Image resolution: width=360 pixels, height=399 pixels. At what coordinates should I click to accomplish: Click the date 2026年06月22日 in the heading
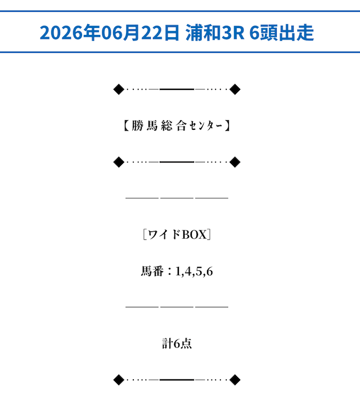point(110,33)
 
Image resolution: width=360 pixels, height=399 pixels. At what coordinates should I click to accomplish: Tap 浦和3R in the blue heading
point(215,33)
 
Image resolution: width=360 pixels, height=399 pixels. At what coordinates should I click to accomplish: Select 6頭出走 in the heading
point(281,33)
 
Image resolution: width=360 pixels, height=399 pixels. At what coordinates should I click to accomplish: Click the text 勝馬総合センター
point(177,126)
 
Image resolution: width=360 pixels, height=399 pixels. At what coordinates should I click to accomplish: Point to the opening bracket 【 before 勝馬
point(127,126)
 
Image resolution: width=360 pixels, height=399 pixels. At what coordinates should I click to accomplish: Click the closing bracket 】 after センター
point(227,126)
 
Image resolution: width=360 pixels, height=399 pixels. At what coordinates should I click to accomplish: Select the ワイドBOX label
point(177,234)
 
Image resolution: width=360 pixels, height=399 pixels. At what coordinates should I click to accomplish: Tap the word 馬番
point(152,271)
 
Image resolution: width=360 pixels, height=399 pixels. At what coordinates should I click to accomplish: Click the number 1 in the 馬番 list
point(178,271)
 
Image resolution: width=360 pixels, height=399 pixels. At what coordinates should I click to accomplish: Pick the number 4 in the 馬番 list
point(188,271)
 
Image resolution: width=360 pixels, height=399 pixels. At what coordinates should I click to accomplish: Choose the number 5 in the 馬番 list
point(199,271)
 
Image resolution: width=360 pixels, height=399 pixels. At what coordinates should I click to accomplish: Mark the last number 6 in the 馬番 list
point(209,271)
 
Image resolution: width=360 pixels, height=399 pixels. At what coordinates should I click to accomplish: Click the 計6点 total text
point(177,343)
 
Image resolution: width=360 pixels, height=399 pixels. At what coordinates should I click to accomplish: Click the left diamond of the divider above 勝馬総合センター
point(119,89)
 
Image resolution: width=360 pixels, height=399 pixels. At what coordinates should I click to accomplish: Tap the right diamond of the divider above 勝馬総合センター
point(235,89)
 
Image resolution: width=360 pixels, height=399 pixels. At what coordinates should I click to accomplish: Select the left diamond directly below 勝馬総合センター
point(119,162)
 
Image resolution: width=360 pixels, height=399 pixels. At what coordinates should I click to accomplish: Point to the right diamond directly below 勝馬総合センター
point(235,162)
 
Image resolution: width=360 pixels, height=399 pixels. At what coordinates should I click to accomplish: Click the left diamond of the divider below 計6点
point(119,380)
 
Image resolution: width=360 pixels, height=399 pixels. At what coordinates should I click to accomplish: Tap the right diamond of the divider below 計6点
point(235,380)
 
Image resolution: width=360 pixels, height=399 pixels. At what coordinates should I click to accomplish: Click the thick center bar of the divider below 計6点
point(177,380)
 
